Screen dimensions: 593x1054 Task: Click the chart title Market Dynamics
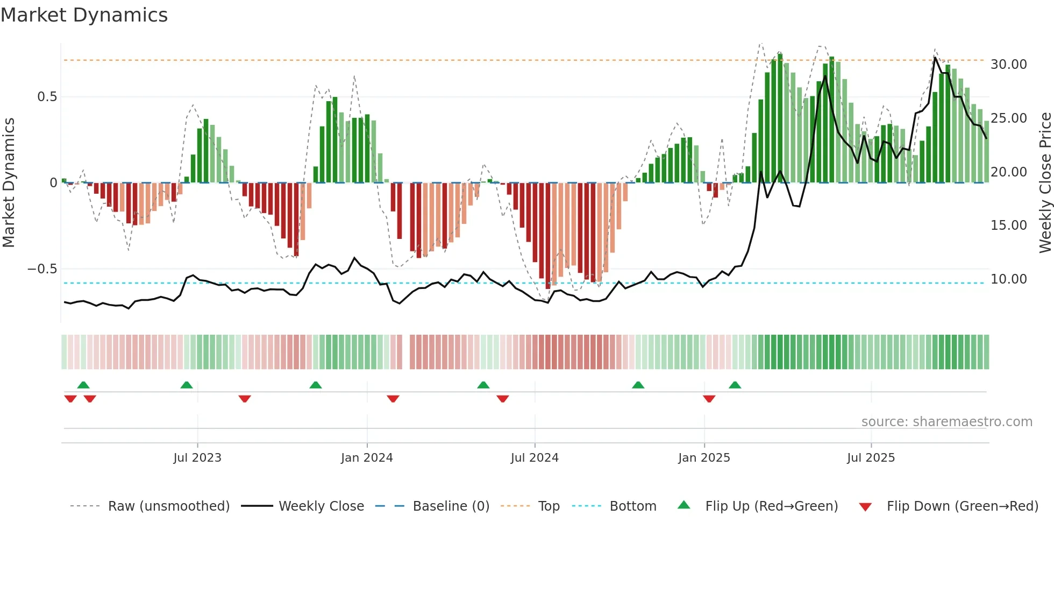click(x=84, y=15)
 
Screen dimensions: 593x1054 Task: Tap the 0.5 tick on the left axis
click(x=47, y=97)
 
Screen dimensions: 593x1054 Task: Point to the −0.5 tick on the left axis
click(x=42, y=269)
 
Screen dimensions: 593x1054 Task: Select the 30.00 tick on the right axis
click(x=1008, y=65)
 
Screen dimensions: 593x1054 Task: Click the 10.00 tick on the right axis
click(x=1008, y=279)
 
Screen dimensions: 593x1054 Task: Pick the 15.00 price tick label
click(x=1008, y=225)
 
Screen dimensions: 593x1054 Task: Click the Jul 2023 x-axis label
click(x=197, y=458)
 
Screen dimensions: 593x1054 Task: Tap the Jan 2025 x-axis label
click(x=704, y=458)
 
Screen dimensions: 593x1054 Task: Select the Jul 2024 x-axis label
click(x=535, y=458)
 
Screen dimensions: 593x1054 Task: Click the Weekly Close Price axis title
click(x=1045, y=183)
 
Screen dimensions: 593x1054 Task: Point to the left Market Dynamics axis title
click(x=9, y=183)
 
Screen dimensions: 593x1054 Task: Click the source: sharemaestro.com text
click(x=946, y=422)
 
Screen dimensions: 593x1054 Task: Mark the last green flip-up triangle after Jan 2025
click(x=735, y=385)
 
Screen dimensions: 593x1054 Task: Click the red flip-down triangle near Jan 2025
click(x=709, y=399)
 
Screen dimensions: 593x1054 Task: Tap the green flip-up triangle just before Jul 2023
click(x=187, y=385)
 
